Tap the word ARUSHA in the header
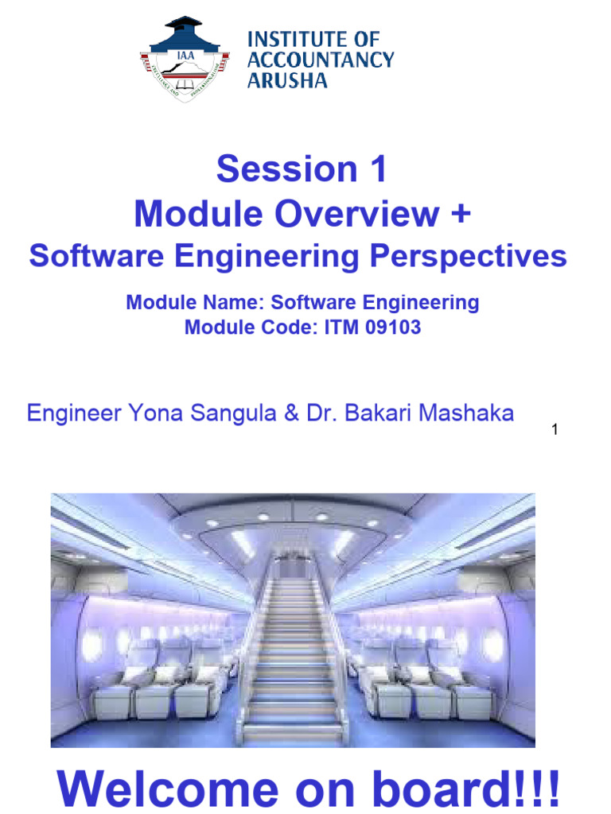[287, 79]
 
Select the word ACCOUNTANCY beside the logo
[321, 60]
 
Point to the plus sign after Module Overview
[459, 213]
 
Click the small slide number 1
[555, 431]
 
